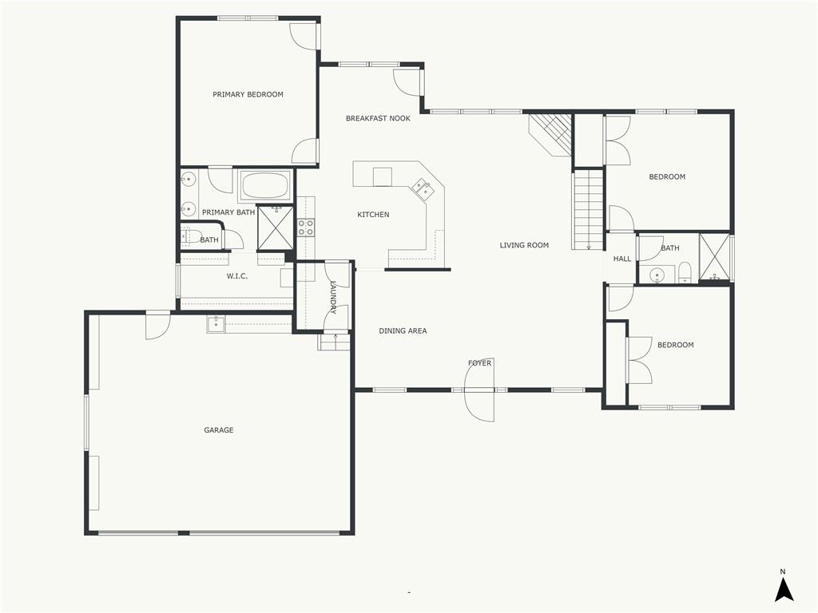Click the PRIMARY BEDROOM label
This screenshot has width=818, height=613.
coord(248,94)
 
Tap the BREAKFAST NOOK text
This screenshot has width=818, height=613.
coord(378,118)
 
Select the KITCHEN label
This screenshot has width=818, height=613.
coord(373,215)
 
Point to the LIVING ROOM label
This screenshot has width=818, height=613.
coord(524,245)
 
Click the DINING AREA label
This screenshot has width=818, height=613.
coord(403,330)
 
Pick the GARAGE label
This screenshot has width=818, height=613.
coord(219,430)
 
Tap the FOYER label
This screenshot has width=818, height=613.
coord(479,363)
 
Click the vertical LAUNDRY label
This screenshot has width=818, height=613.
coord(333,297)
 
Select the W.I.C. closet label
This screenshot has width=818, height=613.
coord(237,276)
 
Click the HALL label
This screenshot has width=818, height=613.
coord(622,259)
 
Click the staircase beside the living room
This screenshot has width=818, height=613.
coord(588,210)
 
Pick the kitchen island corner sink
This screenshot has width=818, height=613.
coord(423,188)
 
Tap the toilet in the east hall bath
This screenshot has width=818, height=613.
coord(685,274)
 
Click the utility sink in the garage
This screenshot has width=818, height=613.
coord(216,323)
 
